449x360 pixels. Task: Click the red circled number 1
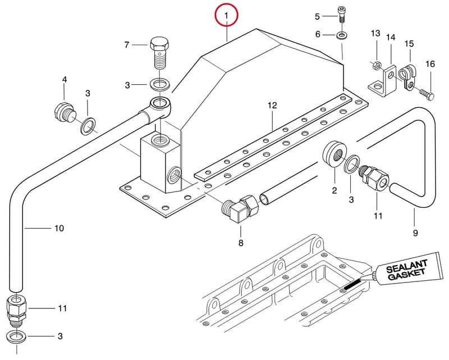coord(227,15)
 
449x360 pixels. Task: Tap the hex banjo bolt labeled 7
coord(159,52)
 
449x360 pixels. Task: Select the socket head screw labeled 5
coord(342,15)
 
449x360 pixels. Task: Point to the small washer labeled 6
coord(341,35)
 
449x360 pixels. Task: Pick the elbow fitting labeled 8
coord(241,208)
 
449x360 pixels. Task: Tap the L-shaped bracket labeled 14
coord(383,81)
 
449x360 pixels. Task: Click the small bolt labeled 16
coord(427,94)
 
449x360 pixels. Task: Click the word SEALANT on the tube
coord(406,266)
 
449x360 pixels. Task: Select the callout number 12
coord(273,106)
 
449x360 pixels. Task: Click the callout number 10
coord(59,229)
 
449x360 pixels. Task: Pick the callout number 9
coord(415,233)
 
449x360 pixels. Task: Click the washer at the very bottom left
coord(16,336)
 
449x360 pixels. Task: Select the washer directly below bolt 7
coord(160,85)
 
